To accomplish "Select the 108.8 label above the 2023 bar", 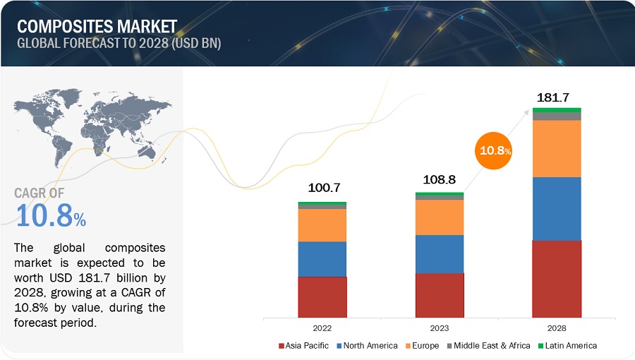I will click(x=440, y=180).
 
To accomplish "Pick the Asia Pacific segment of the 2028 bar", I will click(x=557, y=279).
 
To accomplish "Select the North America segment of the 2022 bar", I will click(x=322, y=259).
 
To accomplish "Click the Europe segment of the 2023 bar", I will click(x=440, y=217).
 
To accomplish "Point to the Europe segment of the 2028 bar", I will click(x=557, y=148).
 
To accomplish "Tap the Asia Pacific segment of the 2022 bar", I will click(x=322, y=297).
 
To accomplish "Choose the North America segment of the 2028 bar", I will click(x=557, y=208).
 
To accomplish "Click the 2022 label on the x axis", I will click(x=322, y=328).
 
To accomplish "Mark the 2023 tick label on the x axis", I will click(x=440, y=328).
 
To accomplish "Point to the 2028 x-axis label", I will click(x=557, y=328).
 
